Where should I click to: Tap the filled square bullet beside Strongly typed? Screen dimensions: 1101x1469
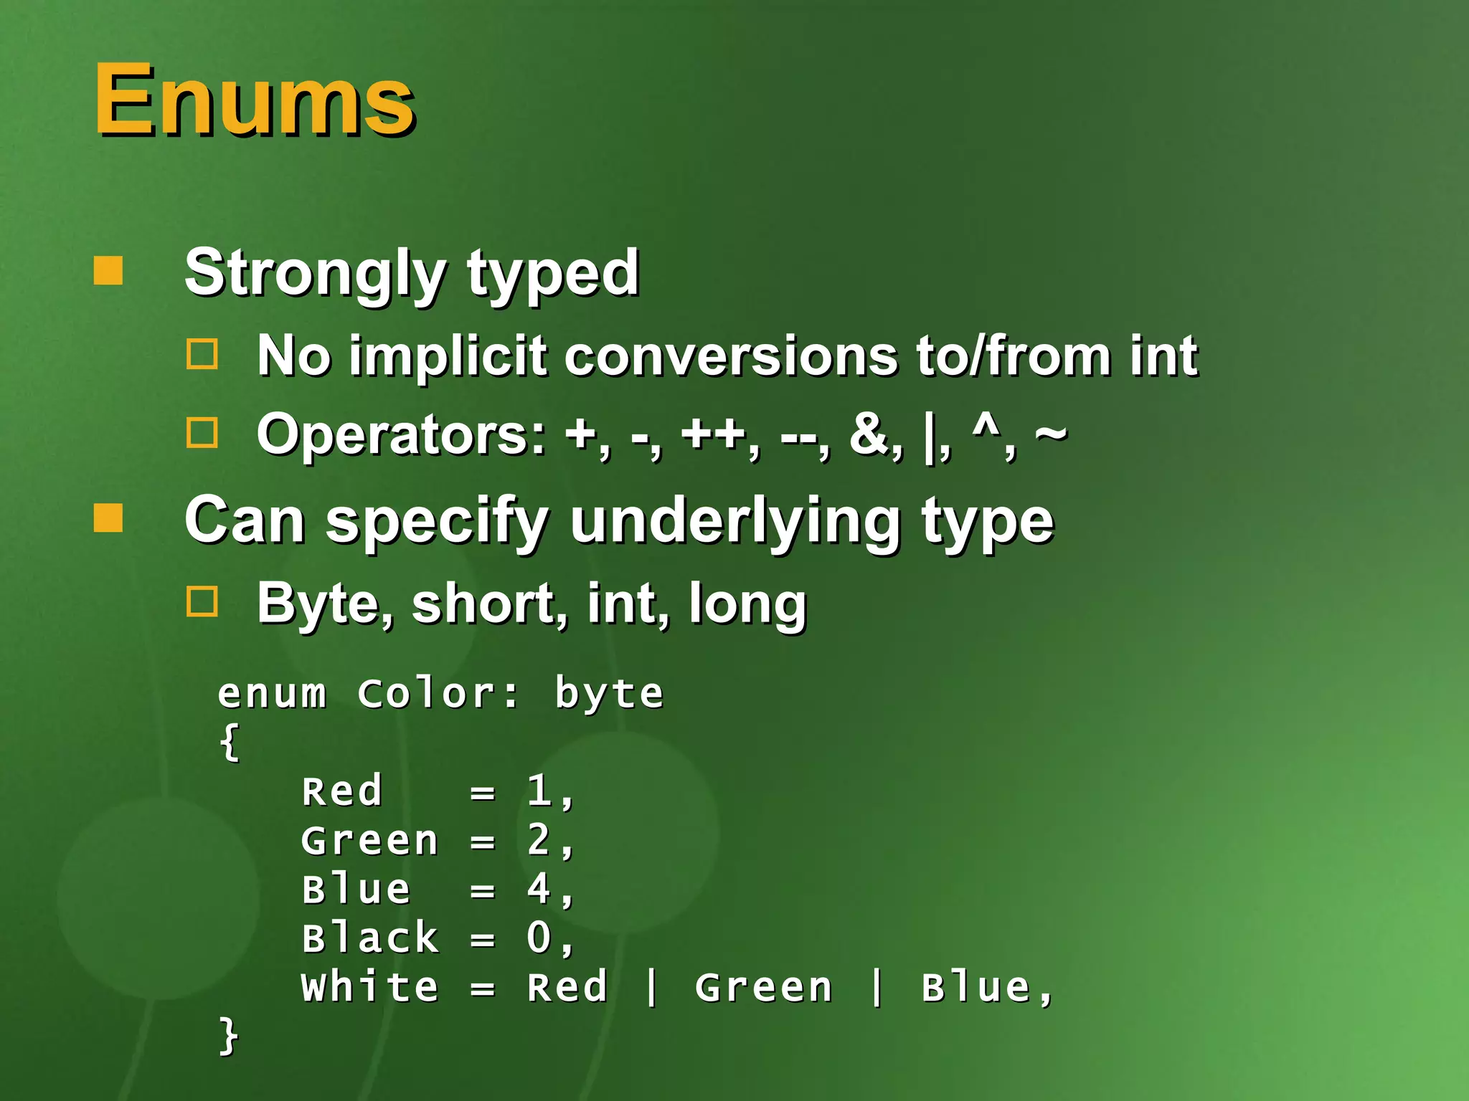click(x=108, y=271)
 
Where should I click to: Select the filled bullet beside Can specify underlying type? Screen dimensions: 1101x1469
click(x=108, y=518)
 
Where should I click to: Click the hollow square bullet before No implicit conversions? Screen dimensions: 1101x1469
click(x=202, y=354)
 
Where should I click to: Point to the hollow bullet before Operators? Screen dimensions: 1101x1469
click(x=202, y=433)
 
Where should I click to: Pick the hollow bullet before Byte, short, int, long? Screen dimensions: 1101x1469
click(x=202, y=602)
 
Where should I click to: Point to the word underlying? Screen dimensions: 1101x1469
click(x=735, y=522)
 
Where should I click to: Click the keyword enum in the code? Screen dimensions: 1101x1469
click(x=272, y=694)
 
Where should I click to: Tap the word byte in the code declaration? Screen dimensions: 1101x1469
click(x=609, y=694)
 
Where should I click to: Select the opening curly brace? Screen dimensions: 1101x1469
click(x=229, y=743)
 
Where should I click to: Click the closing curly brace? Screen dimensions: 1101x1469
click(x=229, y=1036)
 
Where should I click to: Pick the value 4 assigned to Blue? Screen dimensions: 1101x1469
click(x=539, y=889)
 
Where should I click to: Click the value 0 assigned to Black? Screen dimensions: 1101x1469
click(x=539, y=938)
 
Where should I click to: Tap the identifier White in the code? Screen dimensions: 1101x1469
click(x=369, y=987)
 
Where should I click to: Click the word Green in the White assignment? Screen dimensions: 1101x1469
click(x=764, y=987)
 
